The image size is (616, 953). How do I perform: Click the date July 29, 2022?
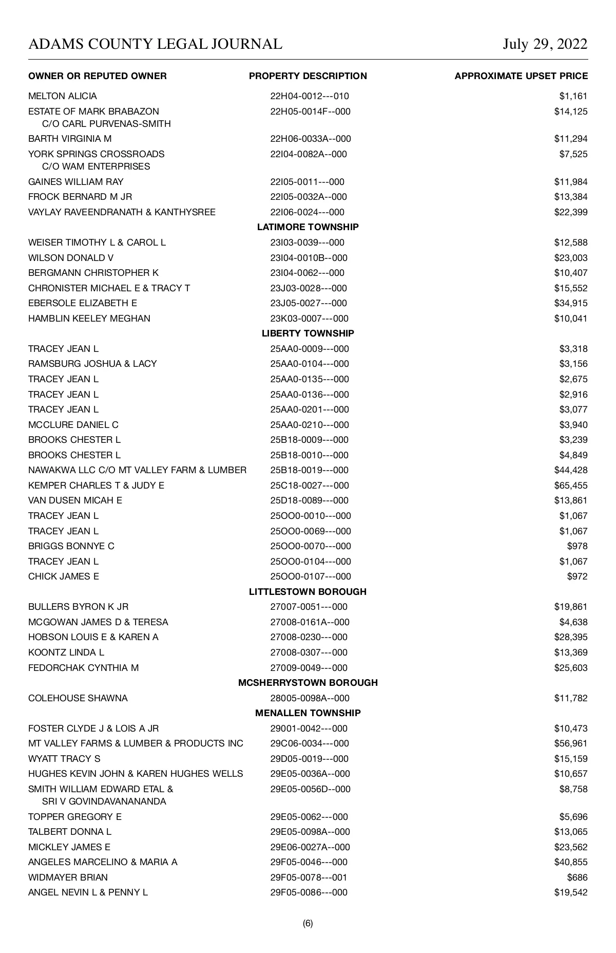click(545, 44)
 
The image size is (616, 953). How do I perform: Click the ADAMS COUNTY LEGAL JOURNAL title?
click(155, 44)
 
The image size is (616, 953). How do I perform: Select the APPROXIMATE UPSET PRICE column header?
click(521, 76)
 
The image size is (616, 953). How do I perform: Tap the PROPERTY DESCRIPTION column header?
click(308, 76)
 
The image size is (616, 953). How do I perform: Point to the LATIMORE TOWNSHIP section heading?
click(308, 227)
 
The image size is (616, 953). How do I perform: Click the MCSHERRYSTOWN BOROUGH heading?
click(308, 683)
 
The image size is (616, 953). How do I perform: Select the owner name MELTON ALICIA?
click(63, 96)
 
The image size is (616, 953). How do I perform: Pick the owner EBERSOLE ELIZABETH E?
click(83, 303)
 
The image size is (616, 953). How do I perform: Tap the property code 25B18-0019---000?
click(310, 470)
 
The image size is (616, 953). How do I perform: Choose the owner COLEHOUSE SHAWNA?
click(78, 698)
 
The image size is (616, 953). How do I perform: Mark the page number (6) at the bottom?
click(308, 923)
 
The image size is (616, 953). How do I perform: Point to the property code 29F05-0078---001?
click(309, 877)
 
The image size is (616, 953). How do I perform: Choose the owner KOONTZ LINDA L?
click(66, 652)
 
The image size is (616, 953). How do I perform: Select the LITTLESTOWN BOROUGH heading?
click(308, 592)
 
